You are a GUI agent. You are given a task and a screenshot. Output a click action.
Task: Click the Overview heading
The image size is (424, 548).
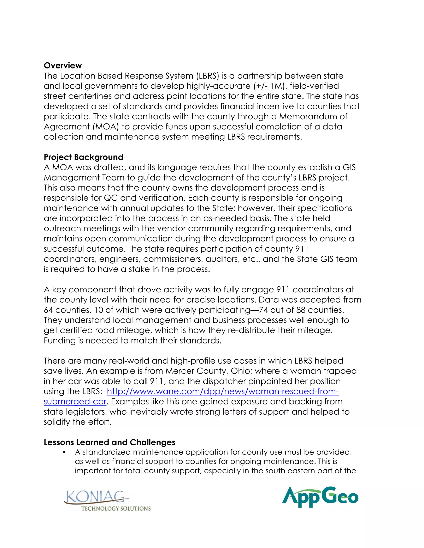63,66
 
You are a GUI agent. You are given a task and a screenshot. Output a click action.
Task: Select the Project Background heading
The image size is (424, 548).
83,157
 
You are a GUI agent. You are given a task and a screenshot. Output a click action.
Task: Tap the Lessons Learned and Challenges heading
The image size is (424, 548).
110,442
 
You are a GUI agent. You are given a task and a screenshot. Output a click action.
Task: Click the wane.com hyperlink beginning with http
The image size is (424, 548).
223,391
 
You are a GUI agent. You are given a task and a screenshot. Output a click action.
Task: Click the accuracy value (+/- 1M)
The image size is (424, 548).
270,86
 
